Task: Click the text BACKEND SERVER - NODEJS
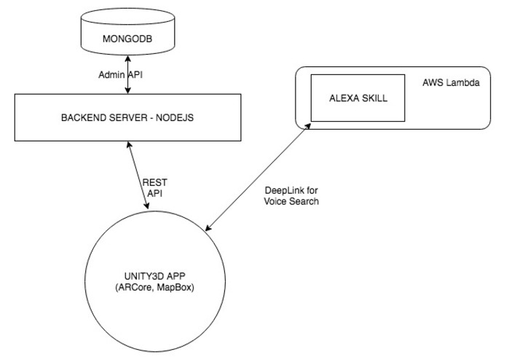pyautogui.click(x=129, y=117)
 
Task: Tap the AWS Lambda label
pyautogui.click(x=451, y=83)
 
